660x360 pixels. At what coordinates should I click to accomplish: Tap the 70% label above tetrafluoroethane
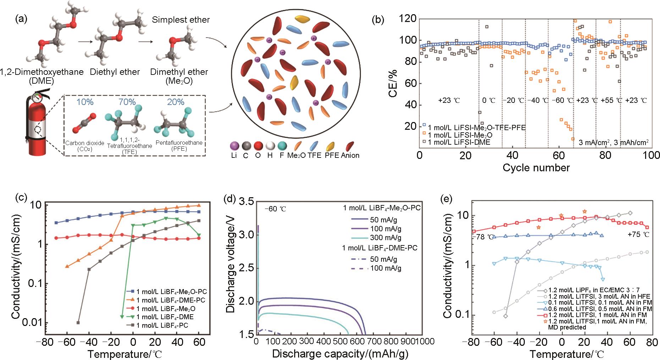127,102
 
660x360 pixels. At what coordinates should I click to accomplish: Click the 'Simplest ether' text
181,20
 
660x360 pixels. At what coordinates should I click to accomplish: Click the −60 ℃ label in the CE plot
563,100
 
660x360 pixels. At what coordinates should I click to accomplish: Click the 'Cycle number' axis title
536,167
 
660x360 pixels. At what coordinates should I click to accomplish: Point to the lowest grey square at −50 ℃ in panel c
78,322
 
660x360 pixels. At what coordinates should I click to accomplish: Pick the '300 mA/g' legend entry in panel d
385,238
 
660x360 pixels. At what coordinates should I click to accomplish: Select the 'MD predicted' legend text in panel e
567,327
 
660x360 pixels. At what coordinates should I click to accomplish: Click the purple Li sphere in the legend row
234,145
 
